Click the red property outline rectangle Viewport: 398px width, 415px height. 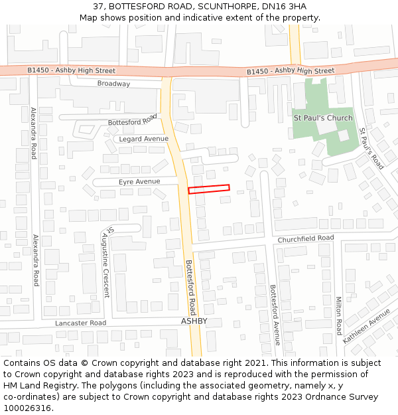pyautogui.click(x=209, y=189)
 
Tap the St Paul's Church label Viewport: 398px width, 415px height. pyautogui.click(x=323, y=118)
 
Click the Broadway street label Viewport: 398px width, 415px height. pyautogui.click(x=113, y=84)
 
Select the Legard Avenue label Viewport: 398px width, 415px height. pyautogui.click(x=145, y=139)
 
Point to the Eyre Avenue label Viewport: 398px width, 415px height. pyautogui.click(x=139, y=181)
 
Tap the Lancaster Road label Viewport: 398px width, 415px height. pyautogui.click(x=80, y=323)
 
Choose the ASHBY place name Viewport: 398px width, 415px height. pyautogui.click(x=194, y=321)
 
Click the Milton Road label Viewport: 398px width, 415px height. pyautogui.click(x=338, y=315)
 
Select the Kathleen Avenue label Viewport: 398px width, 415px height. pyautogui.click(x=367, y=325)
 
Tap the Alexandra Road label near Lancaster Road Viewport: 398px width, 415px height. pyautogui.click(x=36, y=260)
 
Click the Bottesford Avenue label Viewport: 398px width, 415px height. pyautogui.click(x=273, y=315)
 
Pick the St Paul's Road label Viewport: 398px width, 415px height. pyautogui.click(x=371, y=149)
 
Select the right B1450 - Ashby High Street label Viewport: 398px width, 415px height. pyautogui.click(x=291, y=71)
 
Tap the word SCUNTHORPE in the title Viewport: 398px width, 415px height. pyautogui.click(x=227, y=6)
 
